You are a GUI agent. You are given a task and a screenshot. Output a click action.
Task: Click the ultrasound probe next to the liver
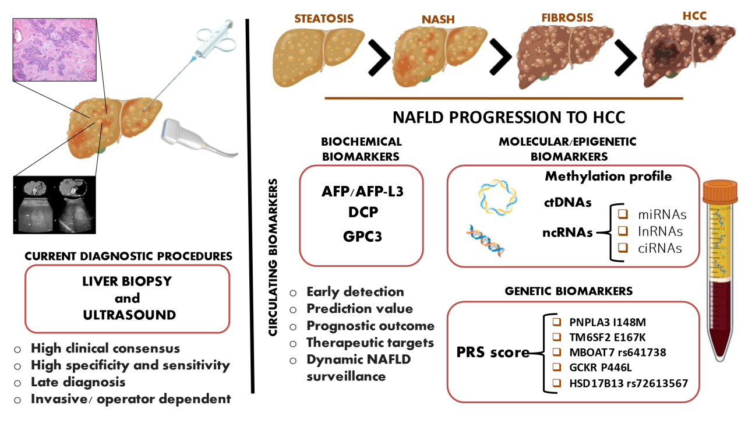pos(186,133)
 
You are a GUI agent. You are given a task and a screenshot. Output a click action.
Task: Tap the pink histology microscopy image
pos(56,46)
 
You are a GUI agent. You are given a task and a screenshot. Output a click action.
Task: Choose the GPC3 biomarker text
pos(361,237)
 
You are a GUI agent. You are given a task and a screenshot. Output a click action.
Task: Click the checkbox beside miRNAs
pos(623,215)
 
